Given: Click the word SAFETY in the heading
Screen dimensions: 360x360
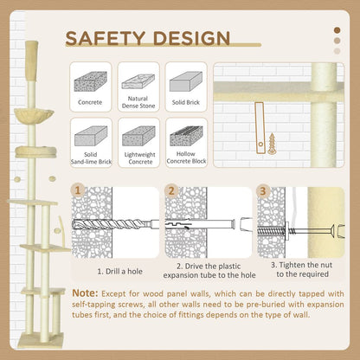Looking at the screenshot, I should click(x=106, y=38).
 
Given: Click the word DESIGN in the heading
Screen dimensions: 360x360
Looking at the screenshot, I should click(x=189, y=38).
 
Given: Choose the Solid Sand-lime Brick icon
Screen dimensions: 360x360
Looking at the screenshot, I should click(x=90, y=135).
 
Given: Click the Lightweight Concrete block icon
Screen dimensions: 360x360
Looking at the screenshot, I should click(x=138, y=135).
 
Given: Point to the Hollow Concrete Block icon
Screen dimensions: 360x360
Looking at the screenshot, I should click(x=184, y=135).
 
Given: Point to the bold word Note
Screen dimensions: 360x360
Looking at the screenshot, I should click(x=90, y=294).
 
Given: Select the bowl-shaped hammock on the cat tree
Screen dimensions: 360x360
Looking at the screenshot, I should click(x=34, y=112).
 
